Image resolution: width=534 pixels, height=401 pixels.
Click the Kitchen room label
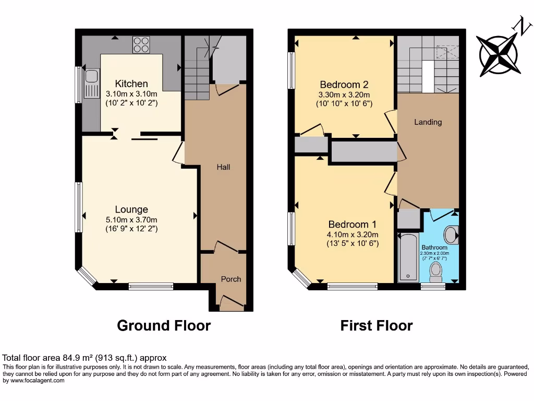[131, 84]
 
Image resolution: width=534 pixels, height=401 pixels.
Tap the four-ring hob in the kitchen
[141, 45]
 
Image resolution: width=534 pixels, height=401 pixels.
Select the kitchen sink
[92, 84]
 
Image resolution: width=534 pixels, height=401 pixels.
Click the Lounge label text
[132, 210]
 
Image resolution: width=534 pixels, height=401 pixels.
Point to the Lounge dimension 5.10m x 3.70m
[131, 220]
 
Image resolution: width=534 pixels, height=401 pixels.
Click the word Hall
[223, 167]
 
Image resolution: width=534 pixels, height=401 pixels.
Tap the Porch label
[230, 279]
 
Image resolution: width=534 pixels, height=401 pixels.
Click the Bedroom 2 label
[344, 85]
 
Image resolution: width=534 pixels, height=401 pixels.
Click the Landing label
[428, 122]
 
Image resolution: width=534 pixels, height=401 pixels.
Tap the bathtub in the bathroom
[408, 258]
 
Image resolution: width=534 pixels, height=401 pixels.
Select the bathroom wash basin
[452, 234]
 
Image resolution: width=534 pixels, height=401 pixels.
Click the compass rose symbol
[498, 54]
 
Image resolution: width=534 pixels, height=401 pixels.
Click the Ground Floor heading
[164, 326]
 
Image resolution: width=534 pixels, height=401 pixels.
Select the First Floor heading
[377, 326]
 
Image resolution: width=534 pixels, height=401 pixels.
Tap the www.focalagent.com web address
[34, 381]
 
